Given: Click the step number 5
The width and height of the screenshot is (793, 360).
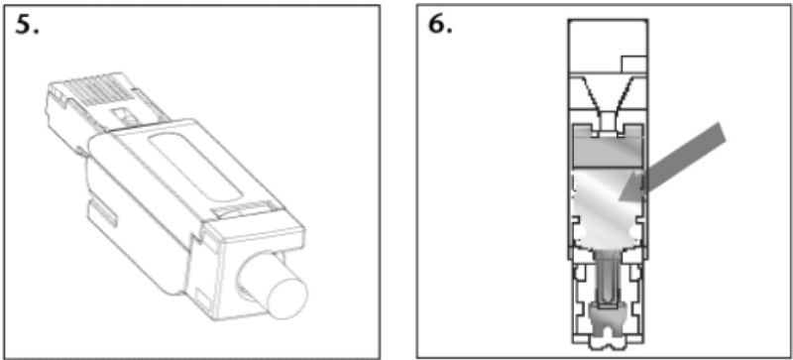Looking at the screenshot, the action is (x=27, y=25).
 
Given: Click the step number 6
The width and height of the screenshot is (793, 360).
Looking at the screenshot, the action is (x=440, y=25).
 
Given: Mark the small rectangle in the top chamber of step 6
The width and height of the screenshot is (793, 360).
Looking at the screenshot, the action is (x=634, y=64).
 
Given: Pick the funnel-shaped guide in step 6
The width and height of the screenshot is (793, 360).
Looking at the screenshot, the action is (x=608, y=95).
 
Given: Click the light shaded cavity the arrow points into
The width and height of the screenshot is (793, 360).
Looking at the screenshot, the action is (x=607, y=207).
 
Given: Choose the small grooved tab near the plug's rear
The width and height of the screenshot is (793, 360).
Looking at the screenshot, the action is (x=241, y=209).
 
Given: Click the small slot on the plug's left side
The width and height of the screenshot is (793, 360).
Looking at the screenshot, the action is (x=103, y=212).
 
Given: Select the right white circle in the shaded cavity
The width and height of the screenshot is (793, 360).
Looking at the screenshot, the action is (x=632, y=232).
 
